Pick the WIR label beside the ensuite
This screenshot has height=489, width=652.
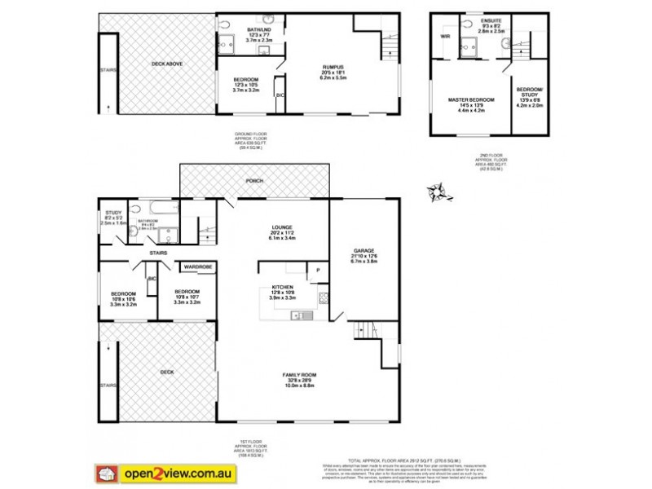click(x=445, y=37)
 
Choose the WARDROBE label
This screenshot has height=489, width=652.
click(x=198, y=267)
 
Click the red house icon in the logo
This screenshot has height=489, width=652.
click(x=105, y=472)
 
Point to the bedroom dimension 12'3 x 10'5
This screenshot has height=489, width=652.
click(x=245, y=85)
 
